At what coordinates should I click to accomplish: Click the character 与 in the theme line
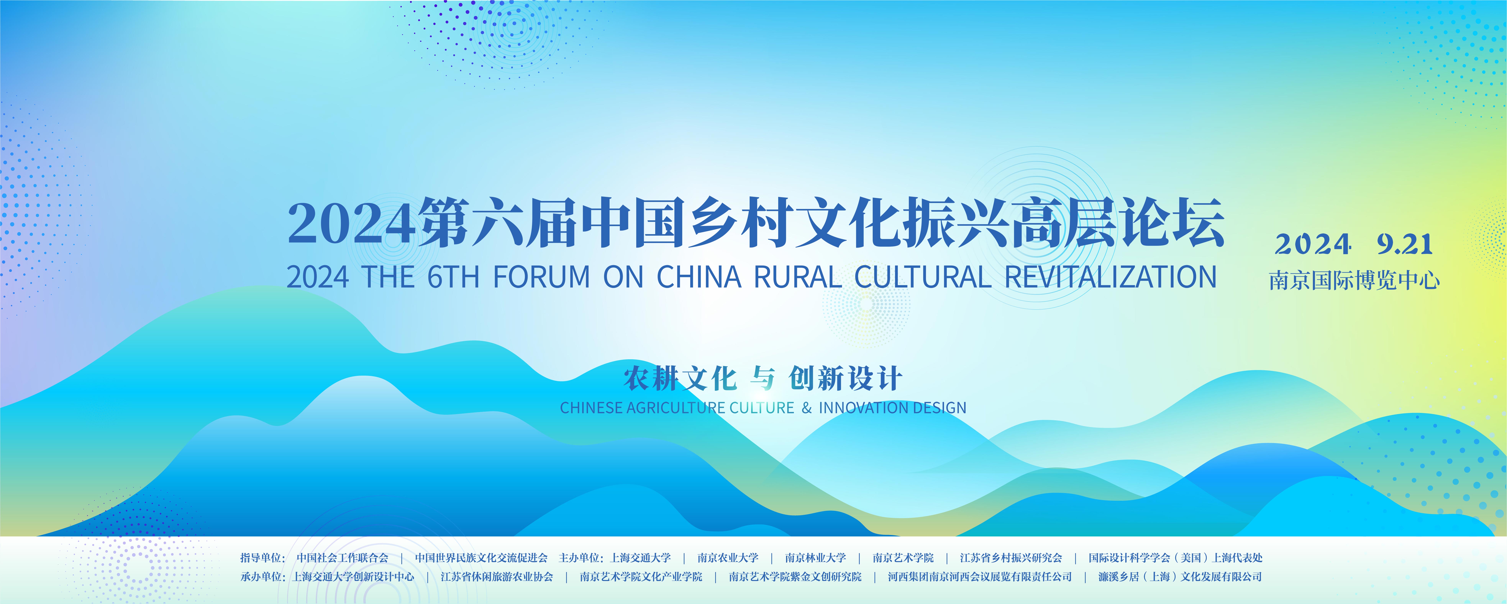(762, 378)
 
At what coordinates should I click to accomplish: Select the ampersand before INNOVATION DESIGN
(807, 408)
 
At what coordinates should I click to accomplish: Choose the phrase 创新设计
(845, 378)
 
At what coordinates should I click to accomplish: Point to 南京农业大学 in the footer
(728, 558)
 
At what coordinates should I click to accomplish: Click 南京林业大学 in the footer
(816, 558)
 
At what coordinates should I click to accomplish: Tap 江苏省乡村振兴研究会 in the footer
(1011, 558)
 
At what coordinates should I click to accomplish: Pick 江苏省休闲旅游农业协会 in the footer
(497, 577)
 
